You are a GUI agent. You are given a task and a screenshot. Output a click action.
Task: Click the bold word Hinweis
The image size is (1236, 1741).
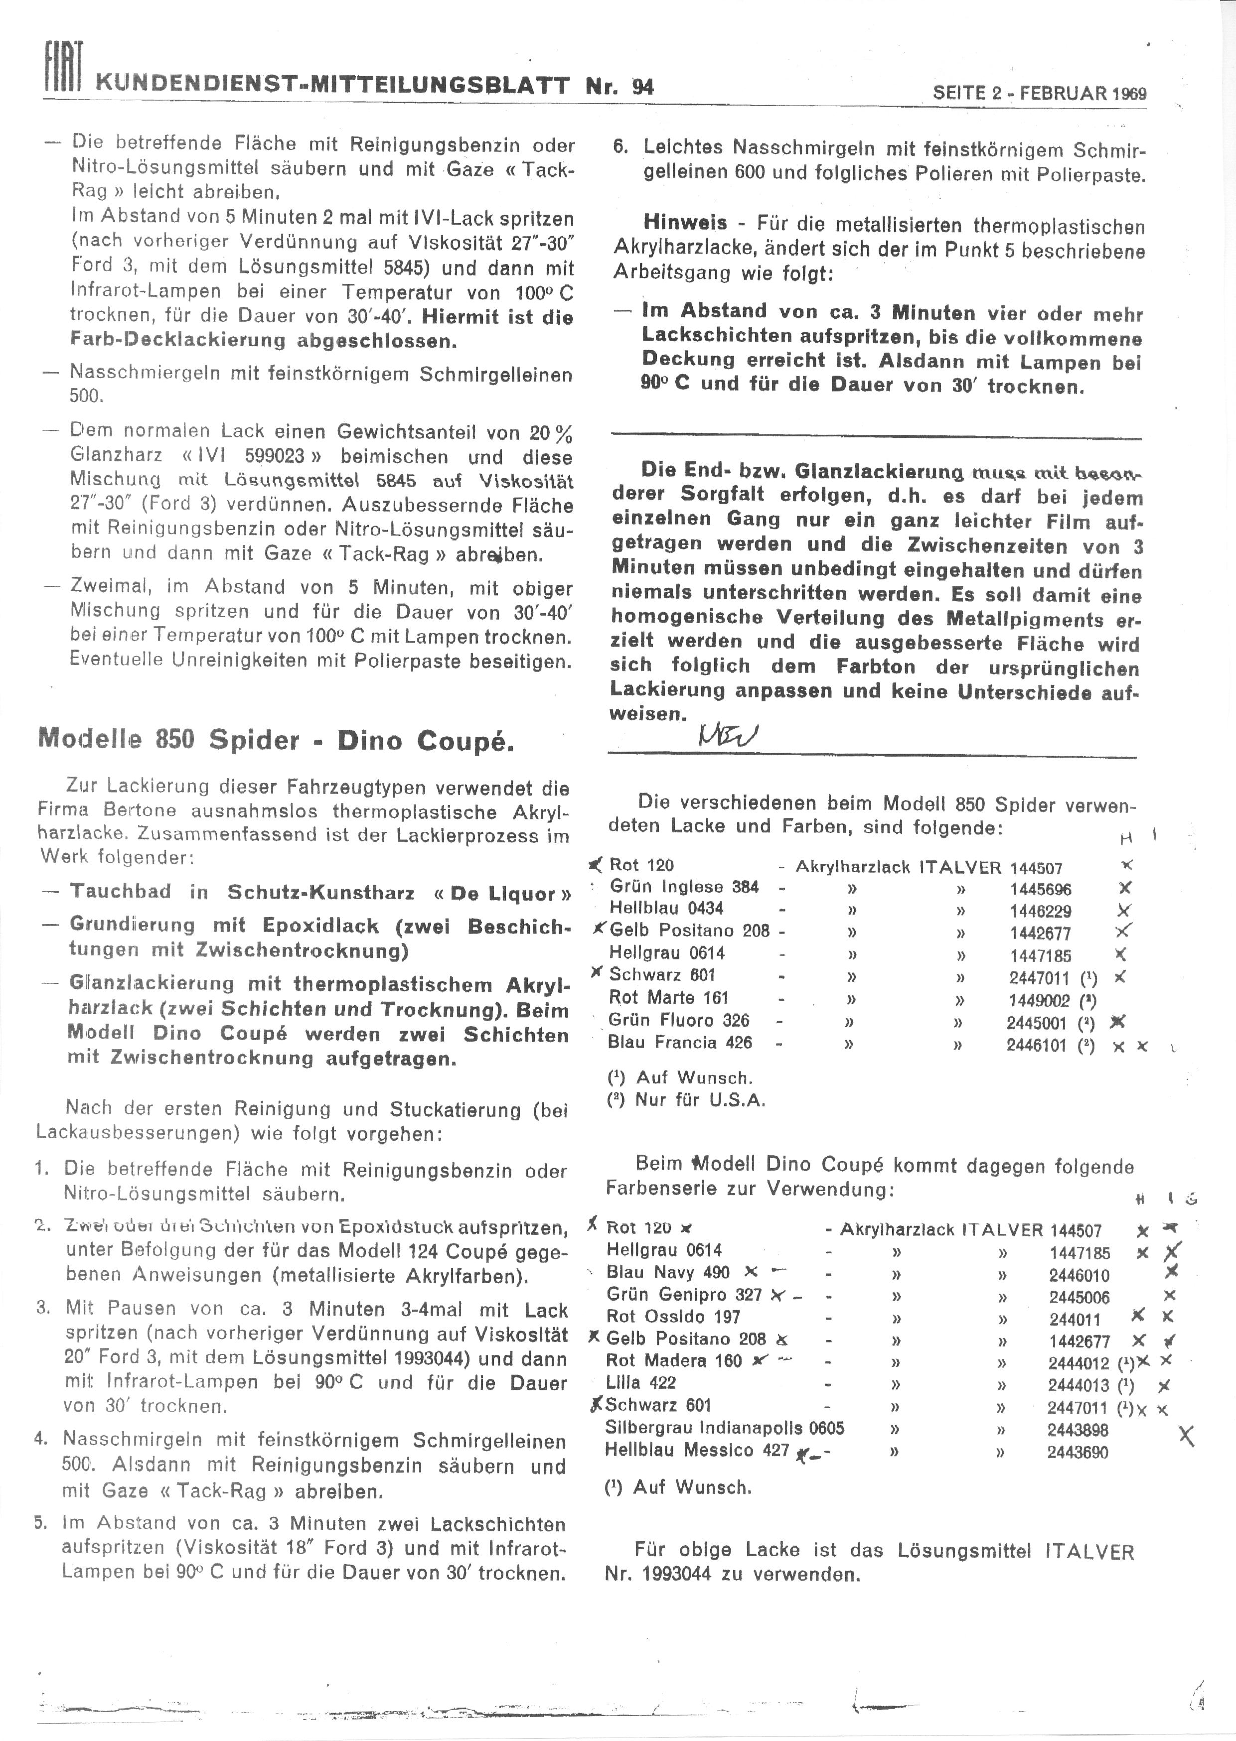(685, 223)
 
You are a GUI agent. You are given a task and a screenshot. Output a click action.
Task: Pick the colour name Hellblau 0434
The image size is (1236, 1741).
(666, 908)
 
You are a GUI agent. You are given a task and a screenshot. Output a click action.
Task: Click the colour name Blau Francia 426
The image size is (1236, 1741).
(680, 1042)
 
